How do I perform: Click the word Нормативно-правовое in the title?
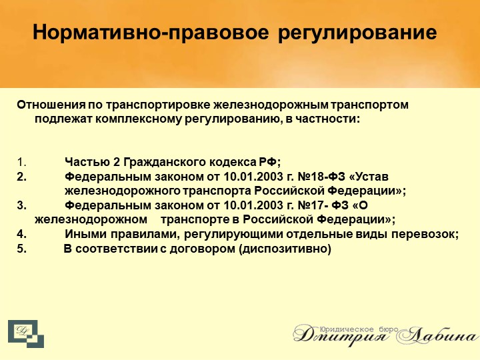(151, 33)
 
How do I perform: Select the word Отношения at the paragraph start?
(51, 105)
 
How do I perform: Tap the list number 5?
(21, 248)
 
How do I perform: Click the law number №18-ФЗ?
(321, 177)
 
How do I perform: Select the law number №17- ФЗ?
(323, 205)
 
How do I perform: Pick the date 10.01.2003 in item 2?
(253, 177)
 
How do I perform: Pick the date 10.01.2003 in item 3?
(253, 205)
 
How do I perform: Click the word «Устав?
(369, 177)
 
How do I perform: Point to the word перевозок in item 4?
(425, 235)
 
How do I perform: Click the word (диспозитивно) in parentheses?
(285, 249)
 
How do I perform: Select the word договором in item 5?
(203, 249)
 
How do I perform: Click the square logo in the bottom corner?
(26, 334)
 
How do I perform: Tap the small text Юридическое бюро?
(359, 330)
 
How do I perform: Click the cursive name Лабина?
(438, 336)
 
